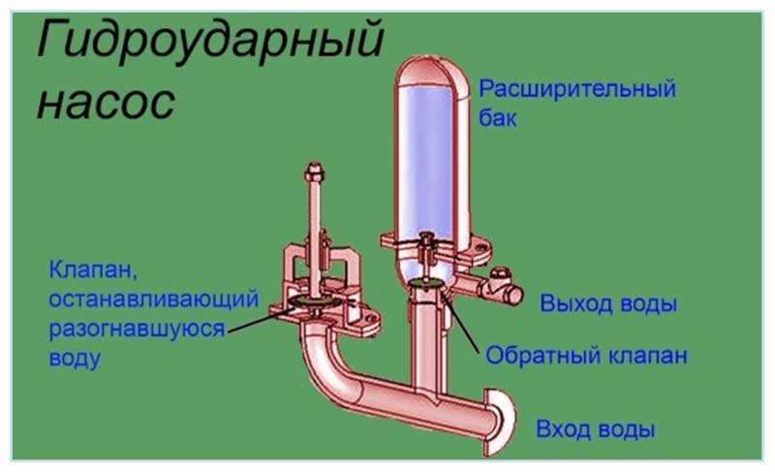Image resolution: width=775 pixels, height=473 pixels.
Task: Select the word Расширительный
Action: coord(577,90)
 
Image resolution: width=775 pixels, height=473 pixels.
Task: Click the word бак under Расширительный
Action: coord(499,119)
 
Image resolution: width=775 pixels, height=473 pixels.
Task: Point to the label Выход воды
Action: coord(608,303)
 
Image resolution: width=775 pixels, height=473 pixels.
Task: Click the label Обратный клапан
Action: coord(587,355)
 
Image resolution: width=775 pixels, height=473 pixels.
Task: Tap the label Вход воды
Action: coord(596,428)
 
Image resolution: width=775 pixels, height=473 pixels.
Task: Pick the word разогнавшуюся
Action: coord(136,327)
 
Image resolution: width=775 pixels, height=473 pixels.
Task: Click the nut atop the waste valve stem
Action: coord(315,173)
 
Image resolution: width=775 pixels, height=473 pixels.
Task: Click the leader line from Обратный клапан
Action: coord(462,320)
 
